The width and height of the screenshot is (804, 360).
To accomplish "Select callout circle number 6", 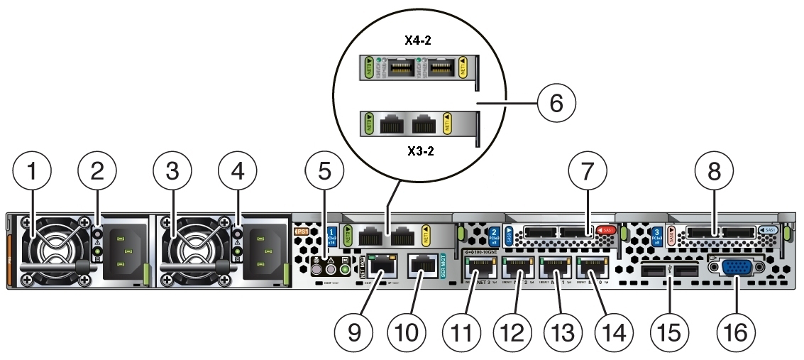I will click(554, 104).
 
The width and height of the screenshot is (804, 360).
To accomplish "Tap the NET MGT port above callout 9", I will click(380, 267).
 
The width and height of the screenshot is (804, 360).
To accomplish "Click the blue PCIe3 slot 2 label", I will click(495, 234).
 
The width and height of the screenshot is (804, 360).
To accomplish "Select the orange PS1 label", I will click(301, 231).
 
